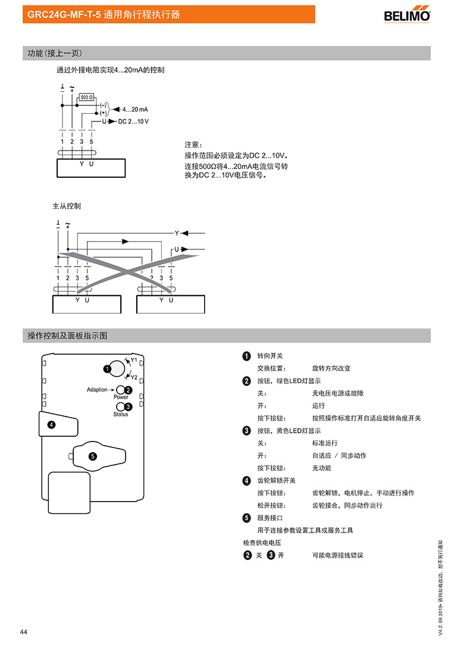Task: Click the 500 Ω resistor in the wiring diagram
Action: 86,96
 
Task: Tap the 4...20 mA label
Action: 135,110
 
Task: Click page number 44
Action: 23,631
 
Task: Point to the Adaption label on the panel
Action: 97,390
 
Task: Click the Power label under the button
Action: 121,397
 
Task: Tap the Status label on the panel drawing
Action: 121,414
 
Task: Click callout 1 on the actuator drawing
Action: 107,369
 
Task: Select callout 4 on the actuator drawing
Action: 52,424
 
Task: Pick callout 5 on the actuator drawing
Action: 92,456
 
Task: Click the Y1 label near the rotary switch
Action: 134,360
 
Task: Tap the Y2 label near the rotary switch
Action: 134,377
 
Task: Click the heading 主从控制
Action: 67,206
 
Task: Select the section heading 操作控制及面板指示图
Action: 67,336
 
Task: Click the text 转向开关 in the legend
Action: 270,356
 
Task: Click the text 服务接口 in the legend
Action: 270,518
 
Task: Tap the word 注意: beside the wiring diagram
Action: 193,145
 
